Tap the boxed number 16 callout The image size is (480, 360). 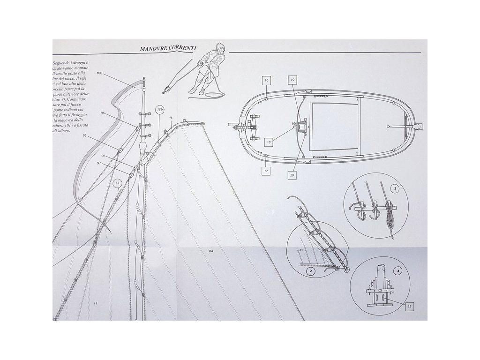pyautogui.click(x=266, y=81)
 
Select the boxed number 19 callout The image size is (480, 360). pyautogui.click(x=292, y=81)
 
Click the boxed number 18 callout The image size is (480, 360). pyautogui.click(x=269, y=141)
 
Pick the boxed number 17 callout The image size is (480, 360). pyautogui.click(x=266, y=171)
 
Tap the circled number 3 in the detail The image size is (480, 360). pyautogui.click(x=396, y=189)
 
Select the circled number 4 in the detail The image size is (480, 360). pyautogui.click(x=398, y=270)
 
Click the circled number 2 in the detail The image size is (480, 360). pyautogui.click(x=309, y=270)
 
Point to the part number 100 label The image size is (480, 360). pyautogui.click(x=99, y=74)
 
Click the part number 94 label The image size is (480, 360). pyautogui.click(x=102, y=113)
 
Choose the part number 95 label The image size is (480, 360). pyautogui.click(x=85, y=135)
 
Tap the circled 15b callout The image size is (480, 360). pyautogui.click(x=159, y=110)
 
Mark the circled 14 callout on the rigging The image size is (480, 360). pyautogui.click(x=118, y=182)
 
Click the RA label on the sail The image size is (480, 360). pyautogui.click(x=212, y=252)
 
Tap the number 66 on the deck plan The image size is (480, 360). pyautogui.click(x=293, y=123)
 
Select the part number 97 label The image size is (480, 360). pyautogui.click(x=99, y=163)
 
